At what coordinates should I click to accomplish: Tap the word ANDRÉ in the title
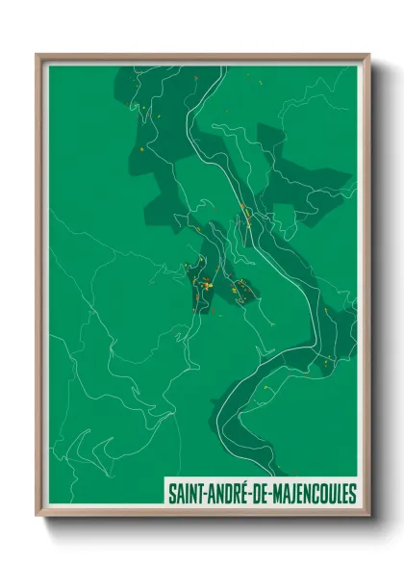coord(223,495)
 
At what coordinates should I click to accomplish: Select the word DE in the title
coord(258,495)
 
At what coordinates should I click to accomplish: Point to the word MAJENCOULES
coord(313,495)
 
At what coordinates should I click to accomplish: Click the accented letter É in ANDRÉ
coord(240,494)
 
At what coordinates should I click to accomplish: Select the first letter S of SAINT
coord(170,495)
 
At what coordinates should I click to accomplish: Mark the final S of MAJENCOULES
coord(352,495)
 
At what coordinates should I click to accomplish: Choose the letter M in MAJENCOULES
coord(277,495)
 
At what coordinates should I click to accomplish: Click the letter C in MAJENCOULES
coord(314,495)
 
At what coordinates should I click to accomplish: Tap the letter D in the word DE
coord(253,495)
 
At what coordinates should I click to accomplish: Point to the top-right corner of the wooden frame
coord(368,55)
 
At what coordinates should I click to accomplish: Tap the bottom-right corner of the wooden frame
coord(368,517)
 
